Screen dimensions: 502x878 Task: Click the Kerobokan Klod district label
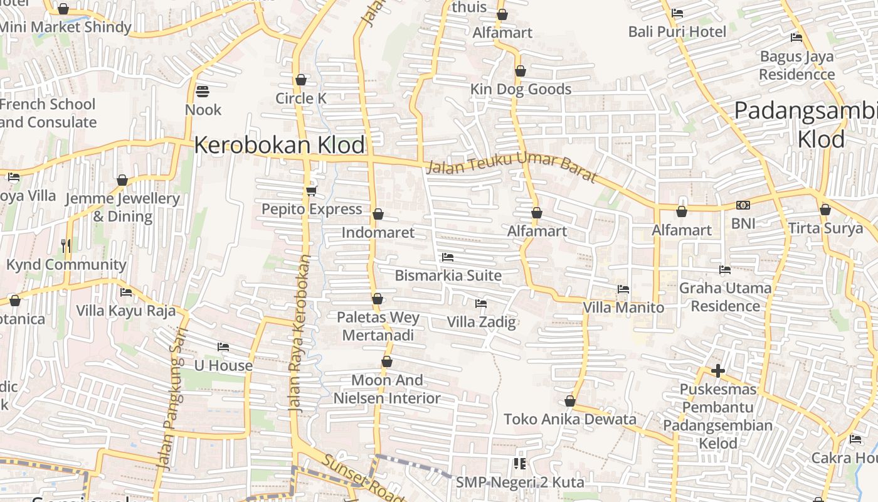pyautogui.click(x=279, y=145)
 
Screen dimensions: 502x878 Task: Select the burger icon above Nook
pyautogui.click(x=202, y=92)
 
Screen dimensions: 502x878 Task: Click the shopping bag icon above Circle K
pyautogui.click(x=301, y=80)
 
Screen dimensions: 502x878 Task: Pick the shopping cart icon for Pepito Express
pyautogui.click(x=311, y=191)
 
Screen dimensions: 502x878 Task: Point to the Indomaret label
pyautogui.click(x=378, y=233)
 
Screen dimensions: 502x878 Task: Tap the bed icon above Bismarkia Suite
pyautogui.click(x=447, y=257)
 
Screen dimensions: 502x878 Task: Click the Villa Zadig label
pyautogui.click(x=481, y=323)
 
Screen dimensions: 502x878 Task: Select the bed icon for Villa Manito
pyautogui.click(x=623, y=289)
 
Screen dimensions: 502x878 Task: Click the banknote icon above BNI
pyautogui.click(x=743, y=205)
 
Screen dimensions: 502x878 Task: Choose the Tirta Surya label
pyautogui.click(x=825, y=228)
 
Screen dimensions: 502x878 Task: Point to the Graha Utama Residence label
pyautogui.click(x=726, y=297)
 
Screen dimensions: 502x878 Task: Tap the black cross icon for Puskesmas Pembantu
pyautogui.click(x=718, y=371)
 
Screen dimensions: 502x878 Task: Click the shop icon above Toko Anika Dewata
pyautogui.click(x=570, y=401)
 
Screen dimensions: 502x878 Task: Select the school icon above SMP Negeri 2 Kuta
pyautogui.click(x=519, y=464)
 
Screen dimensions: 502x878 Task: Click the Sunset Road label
pyautogui.click(x=362, y=478)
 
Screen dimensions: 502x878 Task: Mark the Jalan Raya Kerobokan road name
pyautogui.click(x=300, y=333)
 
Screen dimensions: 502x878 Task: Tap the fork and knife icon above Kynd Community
pyautogui.click(x=66, y=246)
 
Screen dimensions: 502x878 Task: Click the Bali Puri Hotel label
pyautogui.click(x=677, y=31)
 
